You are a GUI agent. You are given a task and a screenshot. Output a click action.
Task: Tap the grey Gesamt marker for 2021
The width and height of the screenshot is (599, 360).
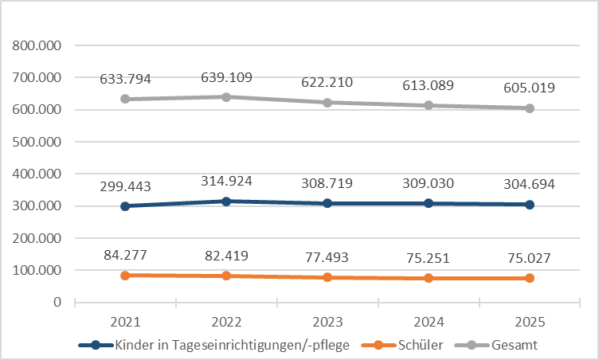point(125,99)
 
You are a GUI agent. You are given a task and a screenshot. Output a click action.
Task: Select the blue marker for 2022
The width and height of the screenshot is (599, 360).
point(226,202)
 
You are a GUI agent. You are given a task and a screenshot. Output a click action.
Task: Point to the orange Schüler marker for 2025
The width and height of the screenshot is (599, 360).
point(529,278)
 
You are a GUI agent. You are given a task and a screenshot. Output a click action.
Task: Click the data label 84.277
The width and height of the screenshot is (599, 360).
point(125,256)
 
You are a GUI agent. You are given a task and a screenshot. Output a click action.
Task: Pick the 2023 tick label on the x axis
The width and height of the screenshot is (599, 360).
point(327,323)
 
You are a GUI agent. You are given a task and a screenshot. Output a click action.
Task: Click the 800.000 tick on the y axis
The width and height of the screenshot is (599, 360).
point(37,46)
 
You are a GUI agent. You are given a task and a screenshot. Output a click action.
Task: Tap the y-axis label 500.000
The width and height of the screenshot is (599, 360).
point(37,142)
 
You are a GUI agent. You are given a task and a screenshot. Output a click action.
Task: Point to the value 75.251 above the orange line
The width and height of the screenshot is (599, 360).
point(428,257)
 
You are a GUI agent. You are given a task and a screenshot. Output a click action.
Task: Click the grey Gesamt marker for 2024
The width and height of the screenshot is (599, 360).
point(429,105)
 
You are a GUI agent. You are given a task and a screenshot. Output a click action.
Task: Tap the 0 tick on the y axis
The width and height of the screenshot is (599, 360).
point(57,302)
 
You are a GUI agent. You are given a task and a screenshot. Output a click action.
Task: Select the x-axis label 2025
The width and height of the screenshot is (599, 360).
point(529,323)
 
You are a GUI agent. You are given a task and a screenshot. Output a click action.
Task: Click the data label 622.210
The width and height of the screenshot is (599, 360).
point(327,82)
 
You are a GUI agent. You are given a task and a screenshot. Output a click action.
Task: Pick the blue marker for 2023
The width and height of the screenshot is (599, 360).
point(327,203)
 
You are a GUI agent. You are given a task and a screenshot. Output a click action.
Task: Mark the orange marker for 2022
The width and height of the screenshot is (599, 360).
point(226,276)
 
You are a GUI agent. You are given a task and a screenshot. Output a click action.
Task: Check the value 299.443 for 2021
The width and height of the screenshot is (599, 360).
point(125,186)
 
